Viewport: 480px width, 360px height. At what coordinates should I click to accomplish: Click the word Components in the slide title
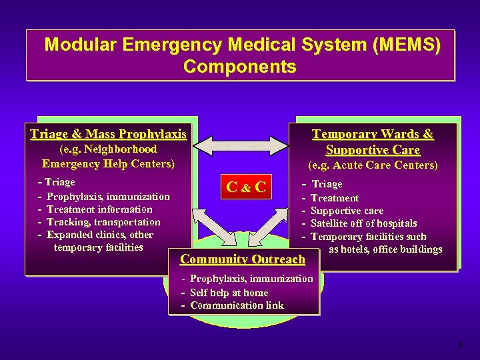pos(239,67)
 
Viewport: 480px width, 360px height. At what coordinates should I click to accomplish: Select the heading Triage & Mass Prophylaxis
pos(108,134)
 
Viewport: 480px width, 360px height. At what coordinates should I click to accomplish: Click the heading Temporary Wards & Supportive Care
pos(373,142)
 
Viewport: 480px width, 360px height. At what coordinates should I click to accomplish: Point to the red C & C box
pos(246,187)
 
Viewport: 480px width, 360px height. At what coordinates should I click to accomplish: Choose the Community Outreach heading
pos(243,259)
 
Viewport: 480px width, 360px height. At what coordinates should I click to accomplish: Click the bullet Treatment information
pos(99,209)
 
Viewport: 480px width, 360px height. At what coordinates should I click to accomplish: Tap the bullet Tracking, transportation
pos(103,222)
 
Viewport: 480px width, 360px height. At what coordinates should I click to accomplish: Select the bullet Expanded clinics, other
pos(100,235)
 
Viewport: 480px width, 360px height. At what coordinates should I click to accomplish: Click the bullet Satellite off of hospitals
pos(363,223)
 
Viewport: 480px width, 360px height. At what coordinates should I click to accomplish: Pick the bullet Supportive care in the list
pos(347,211)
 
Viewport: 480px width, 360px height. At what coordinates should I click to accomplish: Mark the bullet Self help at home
pos(229,293)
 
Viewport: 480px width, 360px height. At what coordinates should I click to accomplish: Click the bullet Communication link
pos(237,305)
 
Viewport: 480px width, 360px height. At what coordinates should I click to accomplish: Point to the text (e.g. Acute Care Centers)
pos(373,165)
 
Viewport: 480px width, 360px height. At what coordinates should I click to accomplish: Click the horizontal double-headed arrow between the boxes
pos(241,143)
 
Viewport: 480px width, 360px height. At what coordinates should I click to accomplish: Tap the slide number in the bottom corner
pos(460,345)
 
